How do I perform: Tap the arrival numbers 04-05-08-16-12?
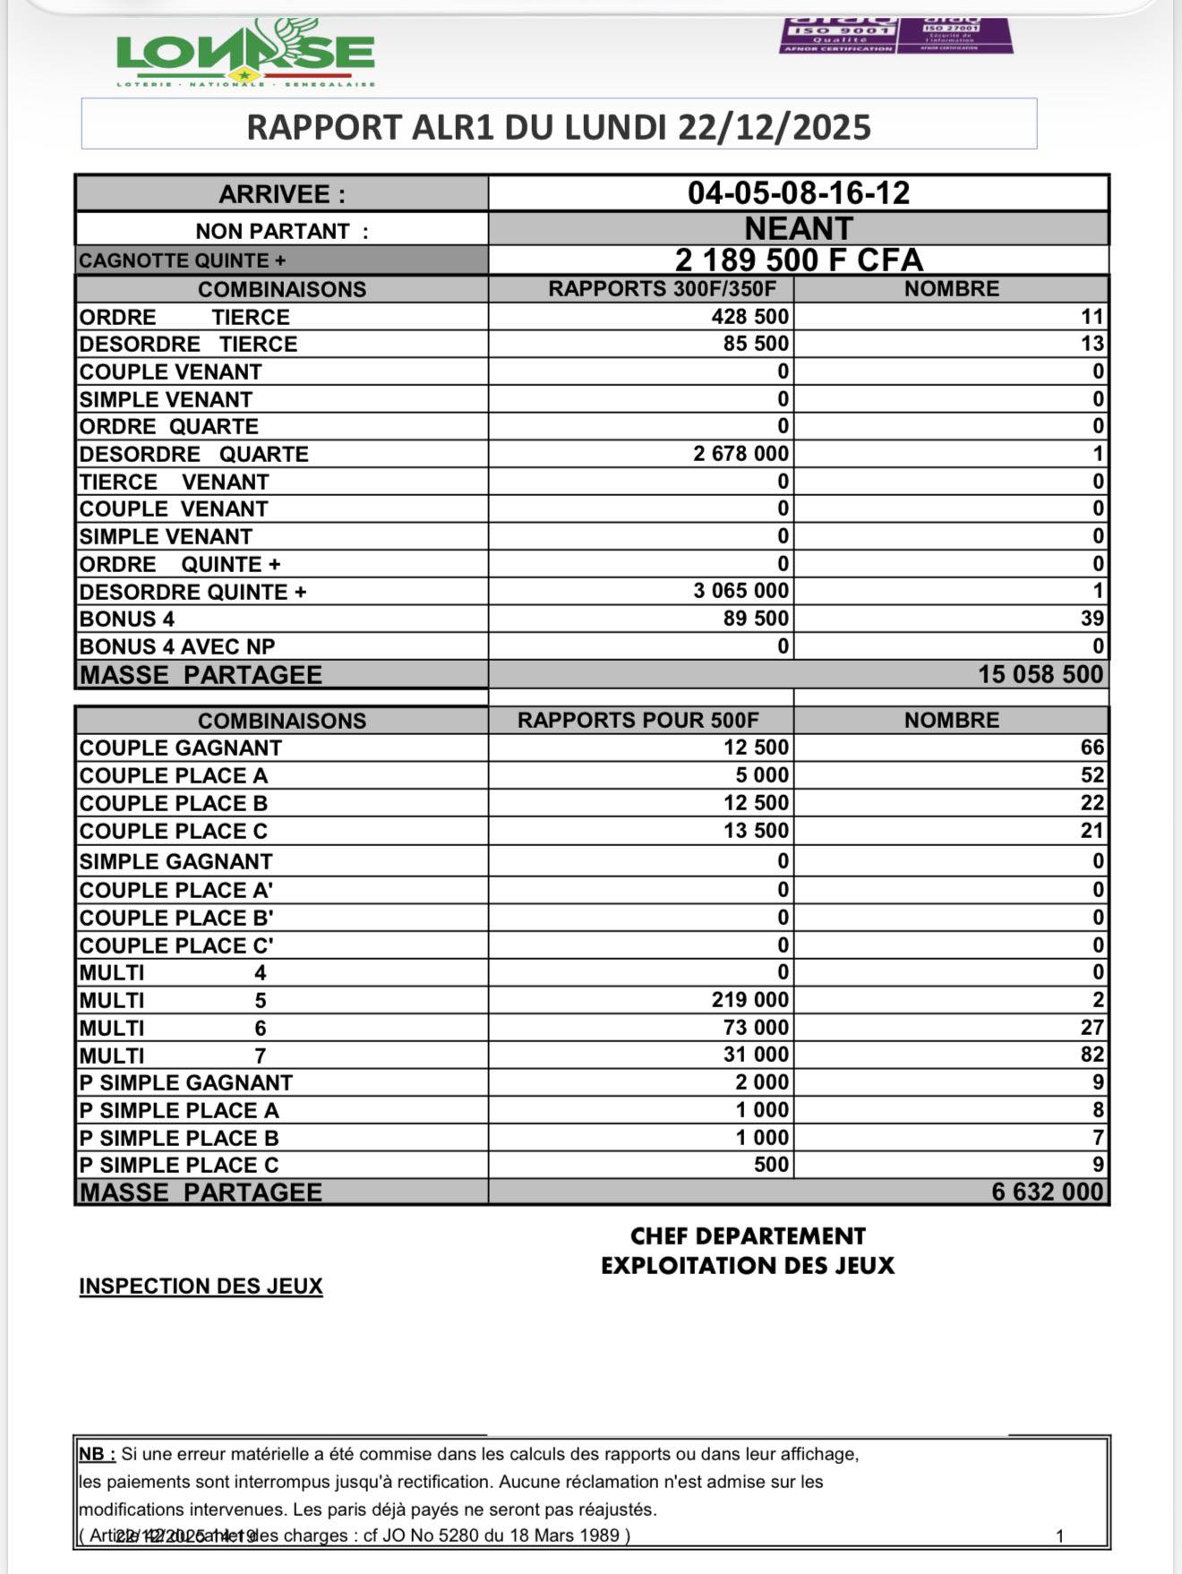798,193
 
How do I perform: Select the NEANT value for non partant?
798,228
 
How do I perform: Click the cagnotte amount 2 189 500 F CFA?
798,261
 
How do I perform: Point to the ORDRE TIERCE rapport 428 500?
750,317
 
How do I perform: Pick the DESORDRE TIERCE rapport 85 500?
756,344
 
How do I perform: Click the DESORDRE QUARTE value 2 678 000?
741,454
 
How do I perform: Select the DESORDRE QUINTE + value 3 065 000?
741,591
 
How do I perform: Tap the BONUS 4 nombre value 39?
1092,619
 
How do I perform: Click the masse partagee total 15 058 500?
1040,674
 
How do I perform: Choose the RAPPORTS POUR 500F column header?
638,721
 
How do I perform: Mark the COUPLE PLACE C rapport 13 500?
756,831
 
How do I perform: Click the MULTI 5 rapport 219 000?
750,1000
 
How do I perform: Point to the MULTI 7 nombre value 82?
1092,1055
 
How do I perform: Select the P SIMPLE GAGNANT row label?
185,1082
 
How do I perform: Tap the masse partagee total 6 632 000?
1047,1192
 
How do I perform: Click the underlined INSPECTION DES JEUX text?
201,1286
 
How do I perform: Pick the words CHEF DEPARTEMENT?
748,1236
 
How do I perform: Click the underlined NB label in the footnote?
97,1455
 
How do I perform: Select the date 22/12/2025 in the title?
774,127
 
